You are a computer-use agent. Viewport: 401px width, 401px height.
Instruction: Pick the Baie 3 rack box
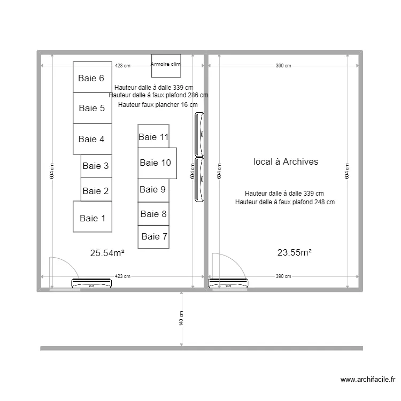(x=96, y=166)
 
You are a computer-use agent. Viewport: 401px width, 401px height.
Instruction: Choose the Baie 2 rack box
(x=96, y=191)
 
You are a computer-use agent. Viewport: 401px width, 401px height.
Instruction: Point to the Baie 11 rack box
(x=153, y=137)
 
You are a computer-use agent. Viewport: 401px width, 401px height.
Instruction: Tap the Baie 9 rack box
(x=153, y=190)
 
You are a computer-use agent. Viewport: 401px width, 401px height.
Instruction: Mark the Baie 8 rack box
(x=153, y=214)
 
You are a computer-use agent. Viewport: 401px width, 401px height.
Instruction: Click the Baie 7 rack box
(x=153, y=236)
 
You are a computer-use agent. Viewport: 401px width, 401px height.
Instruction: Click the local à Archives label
(x=286, y=161)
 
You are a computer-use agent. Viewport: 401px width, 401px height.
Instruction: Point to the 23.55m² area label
(x=294, y=253)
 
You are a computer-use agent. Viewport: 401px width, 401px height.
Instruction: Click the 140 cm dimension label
(x=181, y=319)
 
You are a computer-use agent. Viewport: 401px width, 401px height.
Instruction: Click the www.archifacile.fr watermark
(x=368, y=380)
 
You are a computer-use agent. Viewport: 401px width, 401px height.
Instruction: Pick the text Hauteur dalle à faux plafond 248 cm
(x=284, y=202)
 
